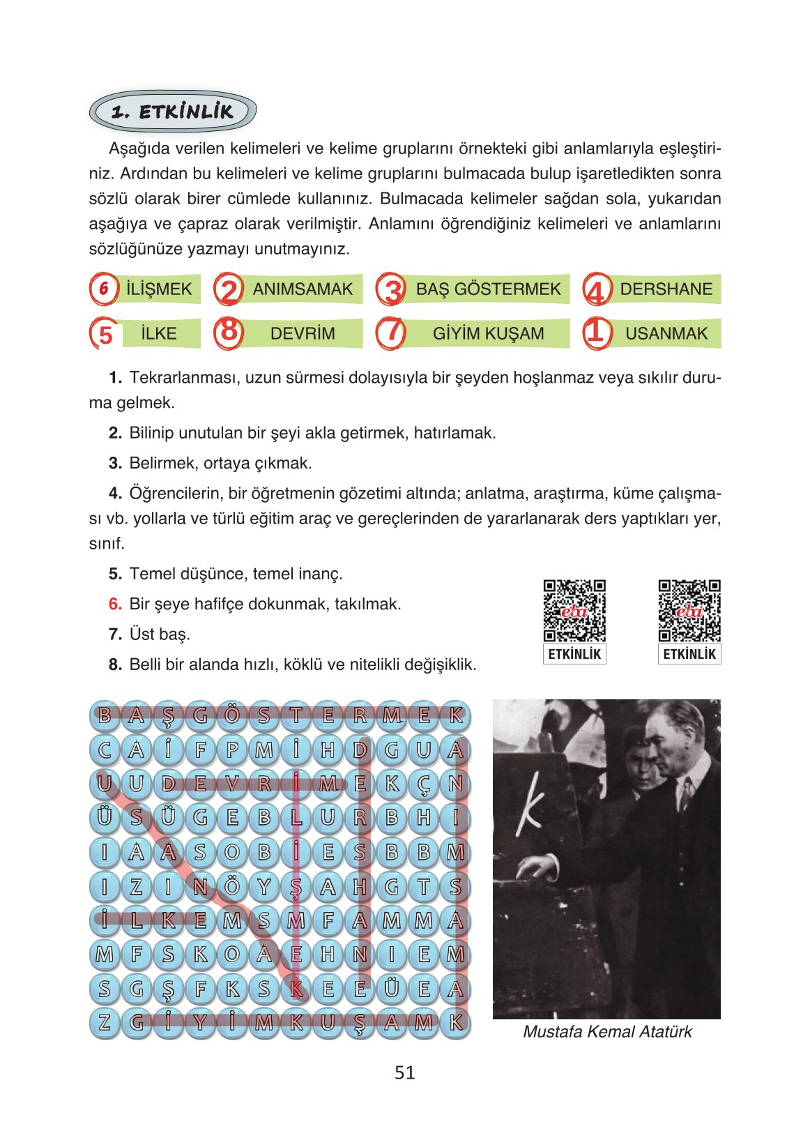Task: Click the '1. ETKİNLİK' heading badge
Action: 172,112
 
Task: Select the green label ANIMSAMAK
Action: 303,289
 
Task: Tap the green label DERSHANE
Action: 666,289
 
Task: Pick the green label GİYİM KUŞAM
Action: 488,333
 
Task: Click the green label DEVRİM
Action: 303,333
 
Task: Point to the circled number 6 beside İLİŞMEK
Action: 104,289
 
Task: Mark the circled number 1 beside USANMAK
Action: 597,332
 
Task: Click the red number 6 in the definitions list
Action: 115,604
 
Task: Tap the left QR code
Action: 574,611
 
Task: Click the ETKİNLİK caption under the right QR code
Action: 689,654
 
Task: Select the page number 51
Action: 405,1073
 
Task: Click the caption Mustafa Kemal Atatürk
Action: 607,1032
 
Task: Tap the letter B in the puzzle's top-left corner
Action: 105,715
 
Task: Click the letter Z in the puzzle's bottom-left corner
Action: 105,1023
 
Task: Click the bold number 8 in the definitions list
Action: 115,665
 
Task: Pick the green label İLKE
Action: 159,333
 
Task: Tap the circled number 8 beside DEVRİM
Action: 229,332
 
